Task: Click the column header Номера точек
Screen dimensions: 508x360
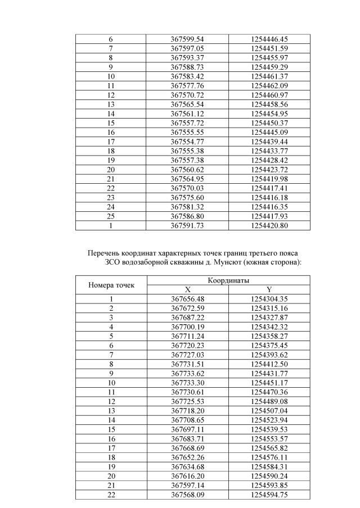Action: click(x=111, y=285)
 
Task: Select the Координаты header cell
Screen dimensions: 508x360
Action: click(x=228, y=280)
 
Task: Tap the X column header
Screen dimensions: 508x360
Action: click(x=187, y=289)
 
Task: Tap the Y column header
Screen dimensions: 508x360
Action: click(x=269, y=289)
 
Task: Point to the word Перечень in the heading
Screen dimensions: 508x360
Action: click(x=104, y=253)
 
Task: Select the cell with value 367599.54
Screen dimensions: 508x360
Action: click(x=187, y=39)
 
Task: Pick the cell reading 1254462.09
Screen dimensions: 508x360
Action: click(x=269, y=85)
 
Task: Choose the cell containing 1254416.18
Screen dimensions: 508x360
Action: click(x=269, y=197)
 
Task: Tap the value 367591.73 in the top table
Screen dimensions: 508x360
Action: click(x=187, y=225)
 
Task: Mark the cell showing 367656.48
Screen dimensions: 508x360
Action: click(x=187, y=299)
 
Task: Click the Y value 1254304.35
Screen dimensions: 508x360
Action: click(x=269, y=299)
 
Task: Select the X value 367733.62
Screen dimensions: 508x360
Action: click(x=187, y=373)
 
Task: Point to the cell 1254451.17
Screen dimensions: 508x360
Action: click(x=269, y=383)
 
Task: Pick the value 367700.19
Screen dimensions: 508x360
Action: click(x=187, y=327)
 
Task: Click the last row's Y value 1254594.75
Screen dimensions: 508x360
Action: click(x=269, y=495)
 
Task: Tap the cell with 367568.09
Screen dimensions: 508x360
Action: click(x=187, y=495)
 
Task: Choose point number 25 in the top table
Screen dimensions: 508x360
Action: click(x=111, y=216)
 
